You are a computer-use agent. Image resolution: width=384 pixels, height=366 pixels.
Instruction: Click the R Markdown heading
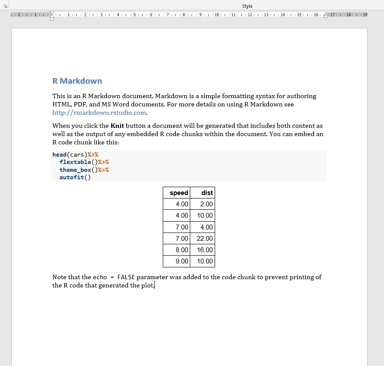click(x=77, y=81)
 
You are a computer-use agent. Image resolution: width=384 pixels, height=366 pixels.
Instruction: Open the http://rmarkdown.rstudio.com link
click(x=99, y=113)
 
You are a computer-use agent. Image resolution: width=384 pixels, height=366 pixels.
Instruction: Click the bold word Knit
click(x=117, y=126)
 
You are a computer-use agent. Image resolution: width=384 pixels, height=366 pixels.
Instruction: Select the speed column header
click(x=179, y=193)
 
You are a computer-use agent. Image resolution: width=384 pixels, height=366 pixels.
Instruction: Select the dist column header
click(x=207, y=193)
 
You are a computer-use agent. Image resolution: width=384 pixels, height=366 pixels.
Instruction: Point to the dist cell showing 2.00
click(x=206, y=204)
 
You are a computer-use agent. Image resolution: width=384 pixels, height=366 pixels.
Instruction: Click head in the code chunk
click(x=59, y=154)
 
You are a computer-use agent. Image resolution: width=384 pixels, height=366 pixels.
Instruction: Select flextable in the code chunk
click(x=75, y=162)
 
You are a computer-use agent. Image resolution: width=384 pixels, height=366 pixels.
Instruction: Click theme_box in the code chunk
click(x=75, y=170)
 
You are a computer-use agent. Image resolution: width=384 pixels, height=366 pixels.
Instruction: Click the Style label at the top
click(x=247, y=6)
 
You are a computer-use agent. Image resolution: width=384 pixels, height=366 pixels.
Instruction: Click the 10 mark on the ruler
click(x=216, y=15)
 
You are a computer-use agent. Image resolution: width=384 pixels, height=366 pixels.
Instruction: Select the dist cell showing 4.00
click(x=206, y=227)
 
